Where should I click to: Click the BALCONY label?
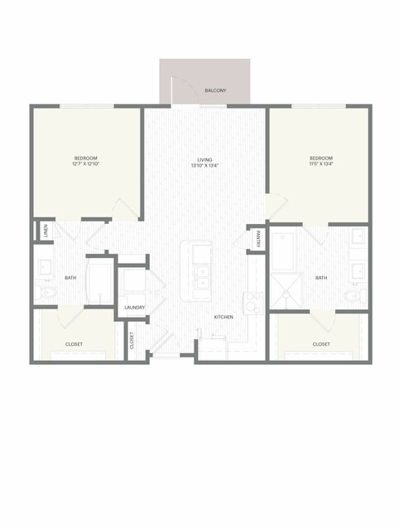(x=215, y=90)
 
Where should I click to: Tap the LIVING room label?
(x=204, y=160)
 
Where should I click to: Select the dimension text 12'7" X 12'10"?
(x=85, y=164)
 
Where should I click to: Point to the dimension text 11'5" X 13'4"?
(x=321, y=164)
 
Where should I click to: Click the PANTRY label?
(x=258, y=239)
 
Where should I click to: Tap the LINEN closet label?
(x=46, y=231)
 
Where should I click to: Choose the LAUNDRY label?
(x=135, y=308)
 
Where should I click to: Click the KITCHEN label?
(x=224, y=317)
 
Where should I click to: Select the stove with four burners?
(x=253, y=303)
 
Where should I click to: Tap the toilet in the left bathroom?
(x=46, y=293)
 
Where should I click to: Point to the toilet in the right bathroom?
(x=355, y=295)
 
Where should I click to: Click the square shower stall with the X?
(x=286, y=291)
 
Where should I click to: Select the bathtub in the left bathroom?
(x=99, y=282)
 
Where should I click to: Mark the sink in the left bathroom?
(x=44, y=268)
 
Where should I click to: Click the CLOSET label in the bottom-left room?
(x=74, y=344)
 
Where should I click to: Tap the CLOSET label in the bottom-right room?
(x=321, y=344)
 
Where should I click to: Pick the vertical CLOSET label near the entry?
(x=132, y=340)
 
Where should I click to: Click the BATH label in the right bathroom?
(x=321, y=278)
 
